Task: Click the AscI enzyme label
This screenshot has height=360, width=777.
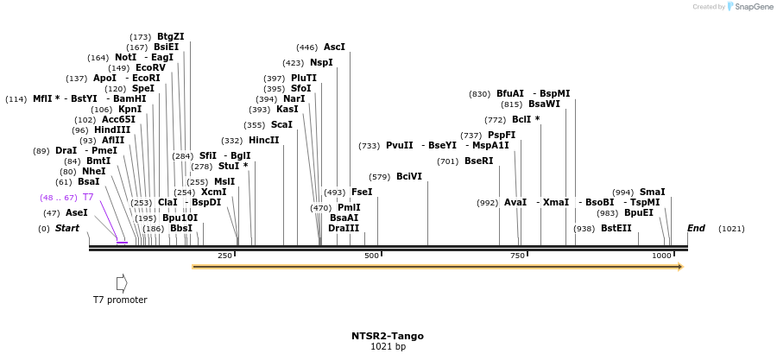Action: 334,47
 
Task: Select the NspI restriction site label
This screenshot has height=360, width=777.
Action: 321,63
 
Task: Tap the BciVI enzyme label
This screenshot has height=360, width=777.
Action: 409,176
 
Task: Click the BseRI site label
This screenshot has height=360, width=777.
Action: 478,161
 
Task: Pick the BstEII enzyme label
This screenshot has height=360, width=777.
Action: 616,229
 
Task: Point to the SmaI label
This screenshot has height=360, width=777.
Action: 652,193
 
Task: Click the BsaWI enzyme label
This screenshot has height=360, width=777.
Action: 544,104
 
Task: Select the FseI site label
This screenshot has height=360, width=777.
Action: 362,192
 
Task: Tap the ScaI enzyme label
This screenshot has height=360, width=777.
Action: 281,125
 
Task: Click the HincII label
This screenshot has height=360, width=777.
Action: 263,141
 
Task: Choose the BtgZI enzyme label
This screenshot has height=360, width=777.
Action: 170,37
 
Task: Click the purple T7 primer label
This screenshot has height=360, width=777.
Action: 88,198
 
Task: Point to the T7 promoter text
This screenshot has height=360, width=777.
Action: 120,300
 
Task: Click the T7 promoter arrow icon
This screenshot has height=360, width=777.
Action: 122,282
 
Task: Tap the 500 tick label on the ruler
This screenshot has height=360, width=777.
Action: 372,256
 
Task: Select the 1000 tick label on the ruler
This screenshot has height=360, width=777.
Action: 661,256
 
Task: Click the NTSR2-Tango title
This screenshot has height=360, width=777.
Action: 388,336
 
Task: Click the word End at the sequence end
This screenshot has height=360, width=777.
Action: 696,229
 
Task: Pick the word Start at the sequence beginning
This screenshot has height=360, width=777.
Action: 67,229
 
